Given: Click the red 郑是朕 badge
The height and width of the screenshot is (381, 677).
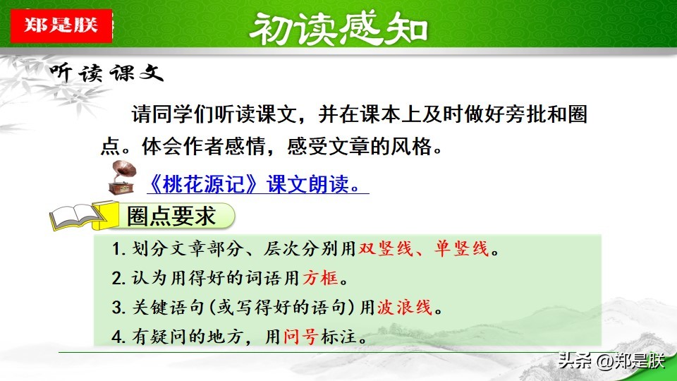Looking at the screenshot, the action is tap(61, 25).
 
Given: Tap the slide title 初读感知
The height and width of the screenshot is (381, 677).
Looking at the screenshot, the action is tap(339, 29).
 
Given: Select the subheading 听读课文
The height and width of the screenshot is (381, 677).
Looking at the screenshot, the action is tap(106, 72).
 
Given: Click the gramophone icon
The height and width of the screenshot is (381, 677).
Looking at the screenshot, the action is tap(123, 178).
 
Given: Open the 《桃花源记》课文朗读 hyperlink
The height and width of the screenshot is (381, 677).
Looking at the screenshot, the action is tap(258, 184).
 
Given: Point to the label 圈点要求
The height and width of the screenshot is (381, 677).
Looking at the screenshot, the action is tap(171, 216).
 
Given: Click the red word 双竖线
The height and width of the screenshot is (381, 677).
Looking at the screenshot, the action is tap(386, 249).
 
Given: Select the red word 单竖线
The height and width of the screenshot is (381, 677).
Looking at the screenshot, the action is tap(461, 249).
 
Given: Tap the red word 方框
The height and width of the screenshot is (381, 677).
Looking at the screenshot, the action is tap(320, 278).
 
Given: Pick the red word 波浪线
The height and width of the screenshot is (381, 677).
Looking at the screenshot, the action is tap(405, 307).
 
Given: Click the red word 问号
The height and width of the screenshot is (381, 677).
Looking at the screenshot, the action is tap(301, 336).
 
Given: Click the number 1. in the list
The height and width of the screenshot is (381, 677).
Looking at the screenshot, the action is tap(118, 249).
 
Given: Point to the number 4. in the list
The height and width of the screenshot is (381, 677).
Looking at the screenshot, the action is tap(118, 337).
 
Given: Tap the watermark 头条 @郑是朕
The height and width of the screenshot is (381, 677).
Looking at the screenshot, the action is tap(611, 361).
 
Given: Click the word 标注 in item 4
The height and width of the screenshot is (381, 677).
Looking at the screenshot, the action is tap(338, 336).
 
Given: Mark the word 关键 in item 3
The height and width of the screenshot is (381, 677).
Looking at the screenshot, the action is tap(150, 307).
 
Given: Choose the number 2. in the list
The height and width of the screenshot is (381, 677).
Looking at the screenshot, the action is tap(118, 278).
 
